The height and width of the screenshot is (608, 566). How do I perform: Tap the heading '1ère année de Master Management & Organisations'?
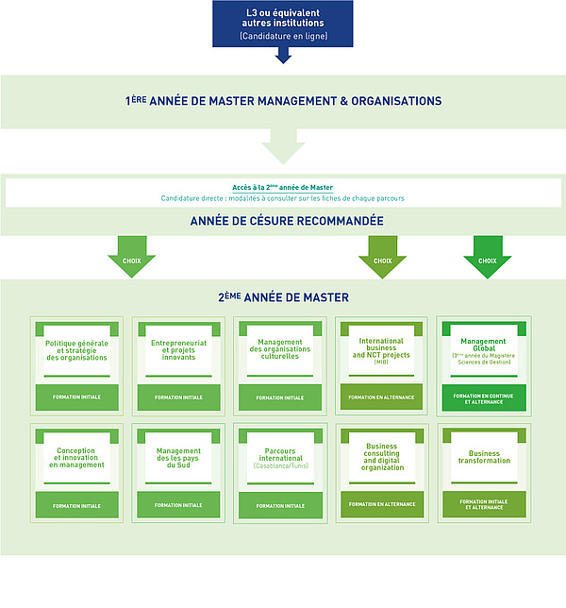(283, 100)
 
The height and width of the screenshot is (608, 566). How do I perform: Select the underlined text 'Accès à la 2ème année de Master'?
(283, 187)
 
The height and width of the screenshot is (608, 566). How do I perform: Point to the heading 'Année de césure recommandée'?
(283, 221)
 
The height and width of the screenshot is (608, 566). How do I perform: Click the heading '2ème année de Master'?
(283, 297)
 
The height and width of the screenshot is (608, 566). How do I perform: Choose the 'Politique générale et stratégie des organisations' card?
(76, 350)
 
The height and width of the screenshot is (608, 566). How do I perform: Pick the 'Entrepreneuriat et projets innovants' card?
(179, 350)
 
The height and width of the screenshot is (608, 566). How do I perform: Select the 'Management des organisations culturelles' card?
(281, 350)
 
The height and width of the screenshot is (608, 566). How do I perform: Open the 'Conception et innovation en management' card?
(76, 457)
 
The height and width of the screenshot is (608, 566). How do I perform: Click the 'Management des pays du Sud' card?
(179, 457)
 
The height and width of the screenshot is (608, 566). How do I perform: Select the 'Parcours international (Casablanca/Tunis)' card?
(281, 457)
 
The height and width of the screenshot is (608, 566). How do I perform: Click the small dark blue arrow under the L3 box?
(283, 57)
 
